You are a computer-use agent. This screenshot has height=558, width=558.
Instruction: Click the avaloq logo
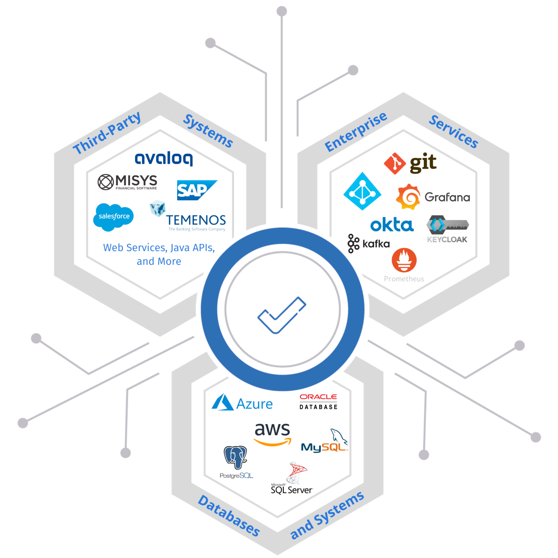[x=164, y=159]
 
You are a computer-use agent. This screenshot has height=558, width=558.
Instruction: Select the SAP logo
[x=196, y=190]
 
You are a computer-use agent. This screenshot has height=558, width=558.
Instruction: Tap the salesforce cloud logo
[x=114, y=217]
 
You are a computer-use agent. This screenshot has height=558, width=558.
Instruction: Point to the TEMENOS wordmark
[x=196, y=220]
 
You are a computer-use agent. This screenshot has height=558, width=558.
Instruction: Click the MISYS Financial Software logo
[x=128, y=182]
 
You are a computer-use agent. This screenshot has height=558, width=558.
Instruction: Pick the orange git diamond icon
[x=395, y=163]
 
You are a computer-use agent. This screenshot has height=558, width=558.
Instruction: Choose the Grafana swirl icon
[x=408, y=197]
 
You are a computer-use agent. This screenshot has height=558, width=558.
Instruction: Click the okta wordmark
[x=392, y=225]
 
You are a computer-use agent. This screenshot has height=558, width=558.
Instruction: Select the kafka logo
[x=369, y=243]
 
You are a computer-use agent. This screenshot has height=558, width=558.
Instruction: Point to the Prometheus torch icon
[x=404, y=260]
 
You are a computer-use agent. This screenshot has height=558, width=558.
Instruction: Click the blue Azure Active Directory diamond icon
[x=362, y=191]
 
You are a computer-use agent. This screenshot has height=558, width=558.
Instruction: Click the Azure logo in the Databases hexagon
[x=242, y=403]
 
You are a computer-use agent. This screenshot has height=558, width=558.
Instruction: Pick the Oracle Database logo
[x=318, y=401]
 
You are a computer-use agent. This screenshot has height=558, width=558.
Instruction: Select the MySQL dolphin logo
[x=325, y=442]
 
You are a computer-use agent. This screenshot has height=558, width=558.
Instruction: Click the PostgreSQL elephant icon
[x=235, y=457]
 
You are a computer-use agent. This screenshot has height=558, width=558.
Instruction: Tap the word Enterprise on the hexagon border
[x=356, y=132]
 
